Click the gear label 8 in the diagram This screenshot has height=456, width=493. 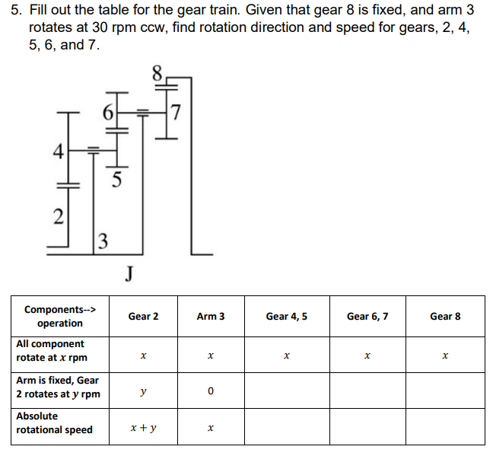click(157, 74)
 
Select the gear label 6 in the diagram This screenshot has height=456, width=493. click(108, 113)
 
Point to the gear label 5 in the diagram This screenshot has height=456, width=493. click(116, 180)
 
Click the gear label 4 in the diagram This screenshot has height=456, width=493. click(56, 150)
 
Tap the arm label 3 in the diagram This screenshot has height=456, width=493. click(103, 244)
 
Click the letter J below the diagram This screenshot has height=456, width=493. click(129, 273)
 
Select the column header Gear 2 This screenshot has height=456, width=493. click(143, 316)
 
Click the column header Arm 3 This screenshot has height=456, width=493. click(210, 316)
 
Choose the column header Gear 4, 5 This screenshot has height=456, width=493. click(286, 316)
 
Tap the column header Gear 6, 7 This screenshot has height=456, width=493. click(367, 316)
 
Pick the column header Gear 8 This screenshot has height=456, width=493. click(445, 316)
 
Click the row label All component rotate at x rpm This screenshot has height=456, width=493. click(51, 351)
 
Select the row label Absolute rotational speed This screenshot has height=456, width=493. click(54, 423)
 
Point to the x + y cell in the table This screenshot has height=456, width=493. click(143, 428)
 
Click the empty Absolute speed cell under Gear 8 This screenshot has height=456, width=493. click(445, 428)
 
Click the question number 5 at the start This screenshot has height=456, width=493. click(14, 12)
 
